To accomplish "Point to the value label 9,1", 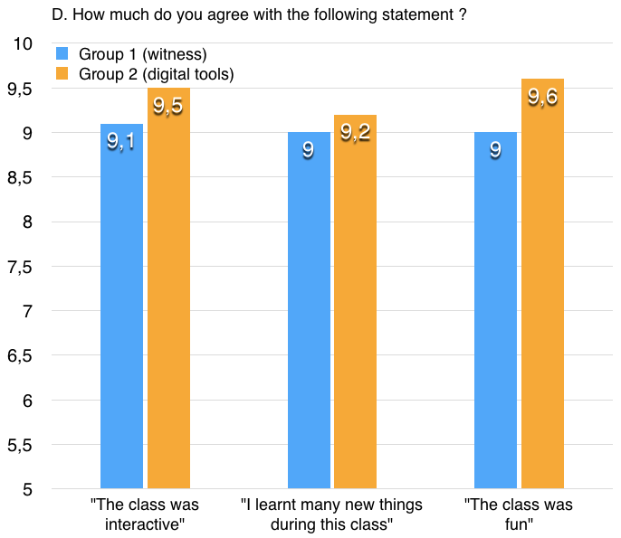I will coord(121,141).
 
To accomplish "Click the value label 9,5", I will coord(168,106).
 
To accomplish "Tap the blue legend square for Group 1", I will coord(62,54).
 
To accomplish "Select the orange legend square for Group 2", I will coord(62,74).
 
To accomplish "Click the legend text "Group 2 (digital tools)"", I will coord(156,74).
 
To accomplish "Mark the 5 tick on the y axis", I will coord(28,490).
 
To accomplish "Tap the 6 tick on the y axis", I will coord(28,401).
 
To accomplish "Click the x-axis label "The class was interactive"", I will coord(145,514).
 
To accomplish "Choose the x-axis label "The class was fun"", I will coord(519,514).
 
